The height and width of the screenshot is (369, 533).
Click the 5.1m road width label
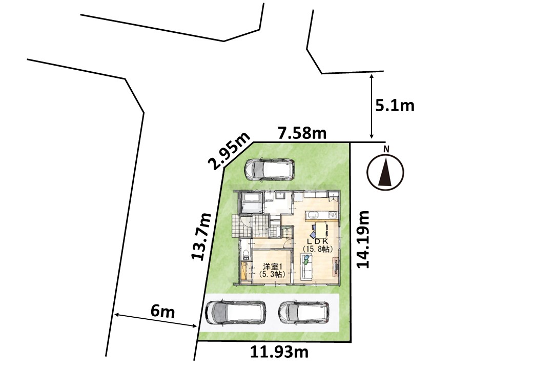coord(395,106)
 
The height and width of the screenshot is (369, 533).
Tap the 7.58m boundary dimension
coord(302,133)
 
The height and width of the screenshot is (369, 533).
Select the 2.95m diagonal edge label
coord(231,151)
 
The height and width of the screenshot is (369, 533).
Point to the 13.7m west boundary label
coord(201,237)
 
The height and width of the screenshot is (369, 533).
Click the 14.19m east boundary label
coord(363,239)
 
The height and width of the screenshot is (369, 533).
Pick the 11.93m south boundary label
coord(279,352)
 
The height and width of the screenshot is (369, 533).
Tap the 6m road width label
coord(162,312)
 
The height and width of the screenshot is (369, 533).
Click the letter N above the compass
coord(386,149)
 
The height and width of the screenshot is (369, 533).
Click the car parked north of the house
coord(270,169)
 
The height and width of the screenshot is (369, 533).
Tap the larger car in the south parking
coord(236,313)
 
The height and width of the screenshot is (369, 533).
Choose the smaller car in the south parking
coord(303,313)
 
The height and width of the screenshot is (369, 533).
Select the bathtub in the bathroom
coord(251,202)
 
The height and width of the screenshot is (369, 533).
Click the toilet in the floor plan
coord(245,255)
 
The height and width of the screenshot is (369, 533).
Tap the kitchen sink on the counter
coord(312,215)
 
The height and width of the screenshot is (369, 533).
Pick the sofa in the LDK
coord(307,268)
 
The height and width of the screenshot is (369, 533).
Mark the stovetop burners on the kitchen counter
coord(333,215)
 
